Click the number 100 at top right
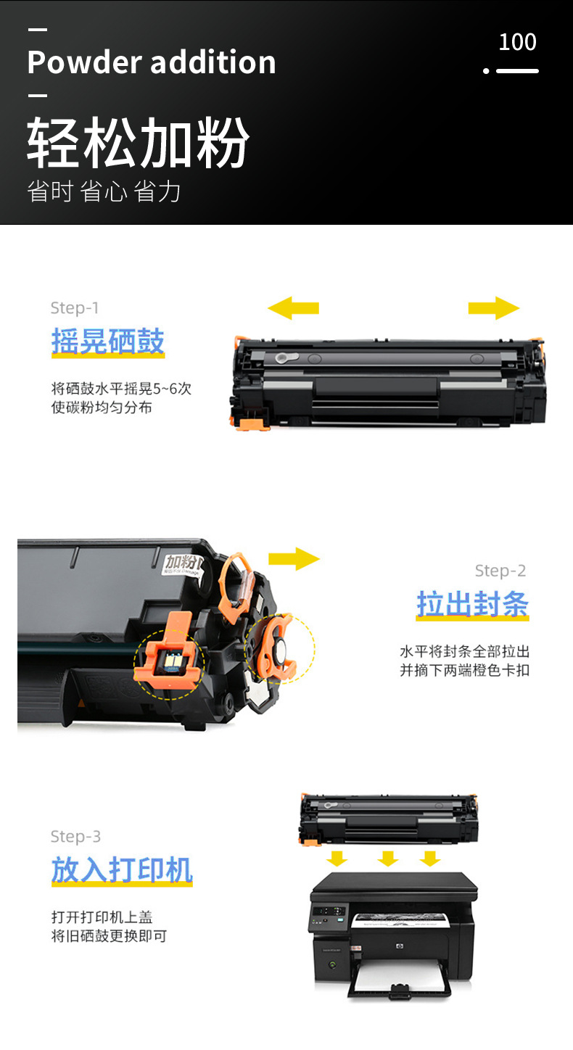tap(517, 42)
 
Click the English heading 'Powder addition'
tap(152, 62)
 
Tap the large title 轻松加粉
tap(138, 142)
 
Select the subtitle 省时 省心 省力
tap(104, 191)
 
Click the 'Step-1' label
tap(75, 308)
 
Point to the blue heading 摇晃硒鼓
tap(108, 342)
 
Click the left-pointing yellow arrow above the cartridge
tap(293, 307)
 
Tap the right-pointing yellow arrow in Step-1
tap(493, 307)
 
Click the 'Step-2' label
tap(500, 571)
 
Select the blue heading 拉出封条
tap(472, 604)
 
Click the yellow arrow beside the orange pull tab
tap(294, 558)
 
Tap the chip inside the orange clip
tap(167, 660)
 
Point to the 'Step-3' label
tap(75, 837)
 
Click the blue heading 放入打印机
tap(122, 870)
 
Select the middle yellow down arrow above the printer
tap(388, 859)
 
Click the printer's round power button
tap(333, 966)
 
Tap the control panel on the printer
tap(328, 917)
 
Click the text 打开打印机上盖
tap(102, 917)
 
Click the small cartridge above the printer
tap(389, 819)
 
